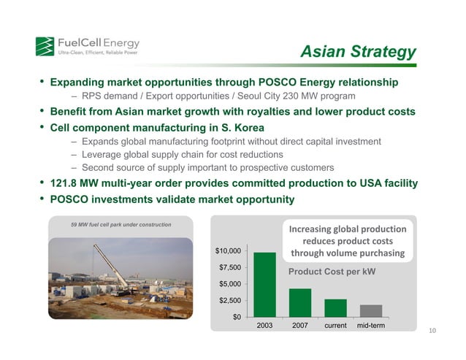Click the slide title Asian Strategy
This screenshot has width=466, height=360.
coord(359,52)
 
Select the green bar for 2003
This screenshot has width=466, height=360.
coord(264,285)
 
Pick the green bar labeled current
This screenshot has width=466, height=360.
coord(335,308)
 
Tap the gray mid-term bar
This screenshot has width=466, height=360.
coord(370,311)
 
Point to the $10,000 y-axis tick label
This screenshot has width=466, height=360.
coord(229,252)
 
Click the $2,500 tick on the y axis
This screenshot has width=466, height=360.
coord(232,300)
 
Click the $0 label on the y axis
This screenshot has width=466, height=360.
coord(237,317)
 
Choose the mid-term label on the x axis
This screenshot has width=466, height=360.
coord(371,325)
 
